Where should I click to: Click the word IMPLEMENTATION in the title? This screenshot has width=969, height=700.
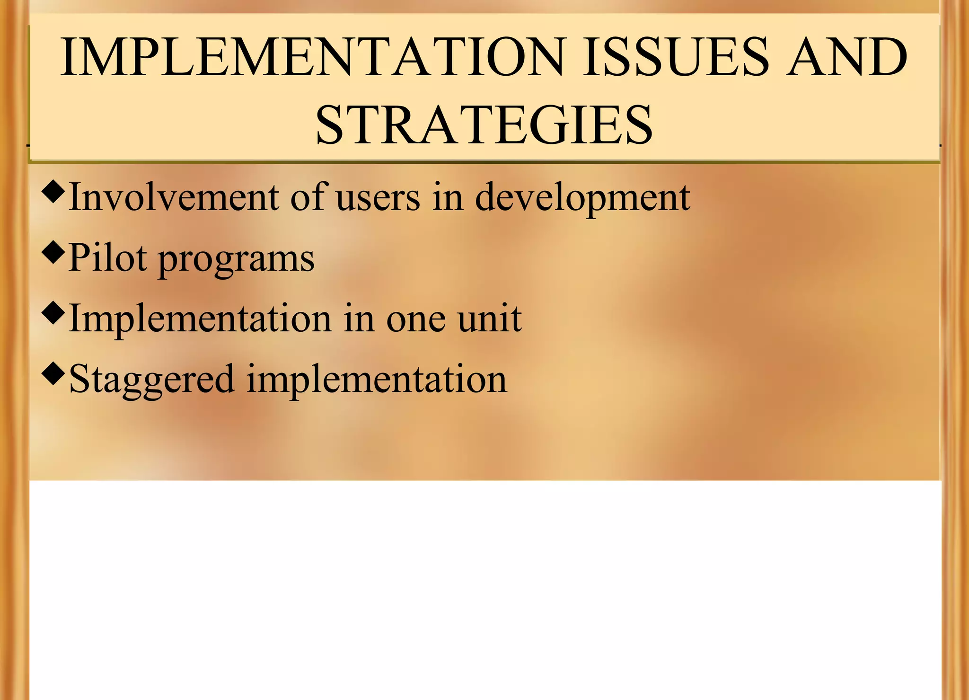tap(313, 57)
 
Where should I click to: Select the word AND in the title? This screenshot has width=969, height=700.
tap(846, 57)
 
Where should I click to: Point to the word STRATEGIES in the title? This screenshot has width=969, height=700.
tap(484, 125)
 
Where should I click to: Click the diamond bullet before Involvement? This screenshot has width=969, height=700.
tap(53, 192)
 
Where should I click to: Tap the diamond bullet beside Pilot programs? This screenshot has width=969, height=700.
tap(53, 252)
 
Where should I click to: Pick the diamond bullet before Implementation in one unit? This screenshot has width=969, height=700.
tap(53, 313)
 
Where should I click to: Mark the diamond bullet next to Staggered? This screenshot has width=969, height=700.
tap(53, 373)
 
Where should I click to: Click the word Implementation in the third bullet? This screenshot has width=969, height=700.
tap(200, 319)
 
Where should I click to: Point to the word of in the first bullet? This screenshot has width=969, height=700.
tap(307, 197)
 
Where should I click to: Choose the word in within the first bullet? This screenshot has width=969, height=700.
tap(448, 197)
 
